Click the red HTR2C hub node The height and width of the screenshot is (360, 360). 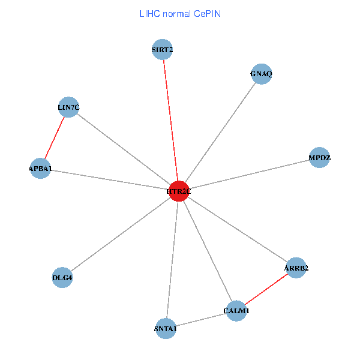179,191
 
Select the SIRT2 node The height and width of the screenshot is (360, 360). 163,49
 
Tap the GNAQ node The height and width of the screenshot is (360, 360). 262,74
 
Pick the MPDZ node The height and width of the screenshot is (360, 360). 319,158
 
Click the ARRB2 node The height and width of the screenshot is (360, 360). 296,268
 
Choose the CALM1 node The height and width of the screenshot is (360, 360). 236,311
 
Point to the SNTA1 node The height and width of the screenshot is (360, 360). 166,329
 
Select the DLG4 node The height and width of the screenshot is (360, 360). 62,277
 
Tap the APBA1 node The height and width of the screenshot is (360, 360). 40,169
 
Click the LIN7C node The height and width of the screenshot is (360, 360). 68,107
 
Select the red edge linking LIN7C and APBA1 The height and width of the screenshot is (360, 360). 55,137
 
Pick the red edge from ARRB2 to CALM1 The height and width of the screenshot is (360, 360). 266,289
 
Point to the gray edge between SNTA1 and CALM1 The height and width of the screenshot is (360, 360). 201,320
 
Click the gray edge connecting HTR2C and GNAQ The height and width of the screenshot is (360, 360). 220,132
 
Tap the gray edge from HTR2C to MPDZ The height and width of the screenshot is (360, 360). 249,175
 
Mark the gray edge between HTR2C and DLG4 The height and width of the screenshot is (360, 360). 121,234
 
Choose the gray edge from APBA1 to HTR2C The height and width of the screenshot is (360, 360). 109,180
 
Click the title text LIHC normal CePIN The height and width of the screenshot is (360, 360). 179,14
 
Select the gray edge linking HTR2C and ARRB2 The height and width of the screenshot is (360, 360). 238,229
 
